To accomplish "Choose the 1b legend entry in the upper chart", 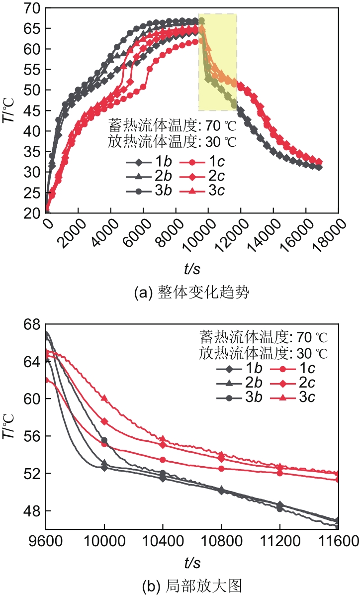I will click(x=149, y=162).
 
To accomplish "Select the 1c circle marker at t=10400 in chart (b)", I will click(x=163, y=460).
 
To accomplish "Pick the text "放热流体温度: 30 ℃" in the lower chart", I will click(x=264, y=354).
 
